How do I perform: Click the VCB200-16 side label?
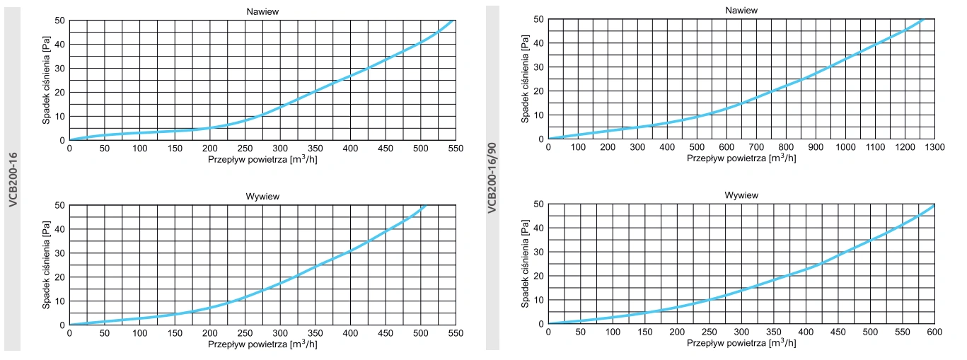(x=13, y=179)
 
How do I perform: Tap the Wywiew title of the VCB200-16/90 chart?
(x=741, y=194)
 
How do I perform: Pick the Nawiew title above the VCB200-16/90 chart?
(x=741, y=10)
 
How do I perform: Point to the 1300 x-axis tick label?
(x=934, y=147)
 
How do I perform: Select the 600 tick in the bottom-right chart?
(x=934, y=332)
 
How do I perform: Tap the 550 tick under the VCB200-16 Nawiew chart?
(x=455, y=148)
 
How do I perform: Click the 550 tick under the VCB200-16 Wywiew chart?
(x=455, y=333)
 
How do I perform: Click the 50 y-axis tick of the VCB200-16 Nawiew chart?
(x=60, y=21)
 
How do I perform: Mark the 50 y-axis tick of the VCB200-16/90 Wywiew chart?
(x=539, y=204)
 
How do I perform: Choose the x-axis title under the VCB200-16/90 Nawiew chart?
(x=741, y=158)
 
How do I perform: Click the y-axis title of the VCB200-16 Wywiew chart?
(x=46, y=265)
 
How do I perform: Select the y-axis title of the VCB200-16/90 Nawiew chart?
(x=525, y=79)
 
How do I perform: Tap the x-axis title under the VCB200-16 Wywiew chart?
(x=262, y=344)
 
